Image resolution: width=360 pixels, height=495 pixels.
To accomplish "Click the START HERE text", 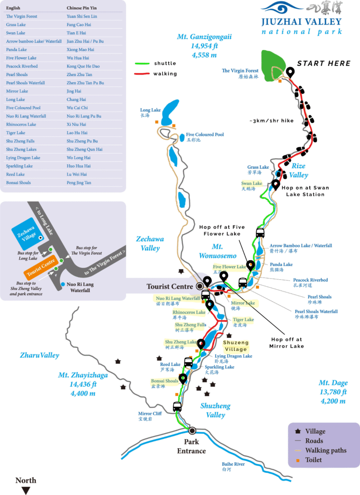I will click(323, 63).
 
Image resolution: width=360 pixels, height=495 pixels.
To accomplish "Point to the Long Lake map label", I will click(150, 110).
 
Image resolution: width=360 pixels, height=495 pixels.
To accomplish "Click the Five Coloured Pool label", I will click(204, 135).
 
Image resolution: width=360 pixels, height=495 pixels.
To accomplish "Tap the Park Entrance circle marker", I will click(192, 430).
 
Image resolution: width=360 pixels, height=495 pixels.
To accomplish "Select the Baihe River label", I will click(233, 464).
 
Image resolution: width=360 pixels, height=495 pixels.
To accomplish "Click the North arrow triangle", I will click(26, 490).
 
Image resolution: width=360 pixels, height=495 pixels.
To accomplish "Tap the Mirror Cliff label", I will click(150, 414).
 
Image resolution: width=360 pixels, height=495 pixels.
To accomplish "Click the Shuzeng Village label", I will click(236, 346).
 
